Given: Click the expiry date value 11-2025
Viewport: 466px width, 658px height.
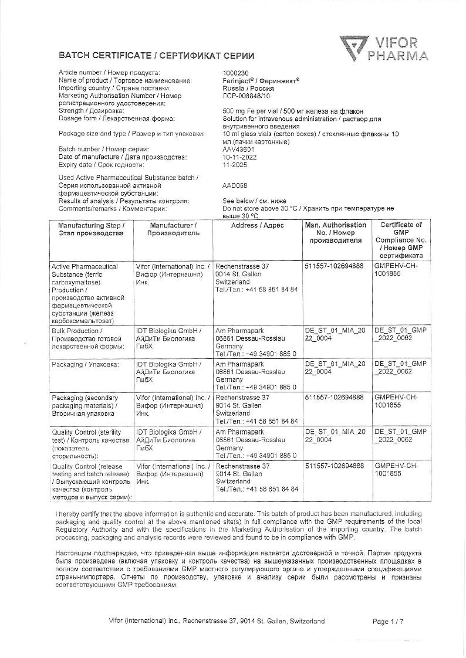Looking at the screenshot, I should pyautogui.click(x=235, y=165).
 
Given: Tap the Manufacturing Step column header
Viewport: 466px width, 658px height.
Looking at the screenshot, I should pyautogui.click(x=91, y=229).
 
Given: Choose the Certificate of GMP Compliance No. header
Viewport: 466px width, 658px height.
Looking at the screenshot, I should pyautogui.click(x=401, y=240).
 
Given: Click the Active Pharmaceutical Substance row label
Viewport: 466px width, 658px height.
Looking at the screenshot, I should pyautogui.click(x=86, y=293).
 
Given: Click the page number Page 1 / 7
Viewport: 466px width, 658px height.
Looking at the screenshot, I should pyautogui.click(x=388, y=622).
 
